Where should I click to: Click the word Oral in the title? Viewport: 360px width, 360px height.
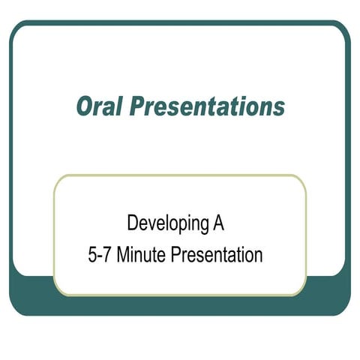(100, 107)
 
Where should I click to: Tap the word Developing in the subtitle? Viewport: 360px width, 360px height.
(169, 223)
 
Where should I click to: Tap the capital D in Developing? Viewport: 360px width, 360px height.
(133, 223)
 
